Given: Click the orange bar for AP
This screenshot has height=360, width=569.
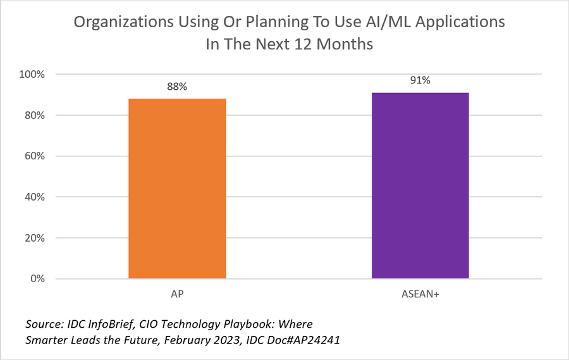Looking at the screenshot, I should tap(177, 189).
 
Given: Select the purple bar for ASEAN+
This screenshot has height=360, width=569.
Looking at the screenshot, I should tap(420, 185).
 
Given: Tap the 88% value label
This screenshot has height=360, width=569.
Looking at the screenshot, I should tap(177, 87).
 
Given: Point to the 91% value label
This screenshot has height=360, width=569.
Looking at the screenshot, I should tap(420, 81).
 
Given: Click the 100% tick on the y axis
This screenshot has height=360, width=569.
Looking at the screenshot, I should tap(33, 74).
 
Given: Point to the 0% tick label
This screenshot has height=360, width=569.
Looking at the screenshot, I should tap(37, 279).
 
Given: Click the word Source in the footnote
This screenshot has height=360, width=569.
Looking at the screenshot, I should tap(42, 324).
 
